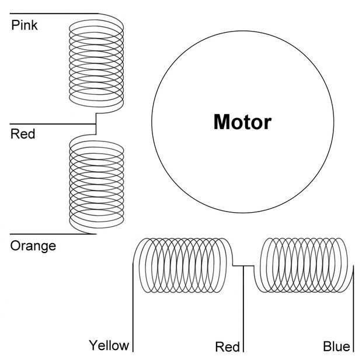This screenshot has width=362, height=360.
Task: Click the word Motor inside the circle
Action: [x=242, y=122]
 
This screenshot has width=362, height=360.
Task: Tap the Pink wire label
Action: [x=25, y=25]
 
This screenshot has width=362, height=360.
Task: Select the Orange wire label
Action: [x=33, y=246]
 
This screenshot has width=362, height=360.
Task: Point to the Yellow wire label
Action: [x=109, y=346]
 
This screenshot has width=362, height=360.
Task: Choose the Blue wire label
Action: [x=336, y=347]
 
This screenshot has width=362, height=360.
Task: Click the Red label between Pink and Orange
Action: [x=23, y=134]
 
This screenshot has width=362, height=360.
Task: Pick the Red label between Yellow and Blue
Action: [x=227, y=347]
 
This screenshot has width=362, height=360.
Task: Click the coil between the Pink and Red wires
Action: [x=96, y=64]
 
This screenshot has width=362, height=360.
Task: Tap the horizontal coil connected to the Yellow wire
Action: [x=183, y=265]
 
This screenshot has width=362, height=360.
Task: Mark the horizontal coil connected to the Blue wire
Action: [x=304, y=265]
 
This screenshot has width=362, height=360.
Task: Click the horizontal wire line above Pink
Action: [x=54, y=13]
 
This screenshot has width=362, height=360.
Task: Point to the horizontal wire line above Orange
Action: [x=53, y=234]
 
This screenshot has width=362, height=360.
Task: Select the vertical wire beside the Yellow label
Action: [x=133, y=307]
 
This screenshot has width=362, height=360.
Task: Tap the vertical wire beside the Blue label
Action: [x=353, y=309]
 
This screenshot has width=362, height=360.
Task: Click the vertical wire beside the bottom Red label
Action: [x=243, y=309]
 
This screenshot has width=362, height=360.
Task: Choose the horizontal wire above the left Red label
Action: [x=53, y=124]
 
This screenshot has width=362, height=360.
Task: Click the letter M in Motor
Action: [x=221, y=122]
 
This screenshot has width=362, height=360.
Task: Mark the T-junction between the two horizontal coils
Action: [x=243, y=266]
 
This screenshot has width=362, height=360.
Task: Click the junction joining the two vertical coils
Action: [x=96, y=124]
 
